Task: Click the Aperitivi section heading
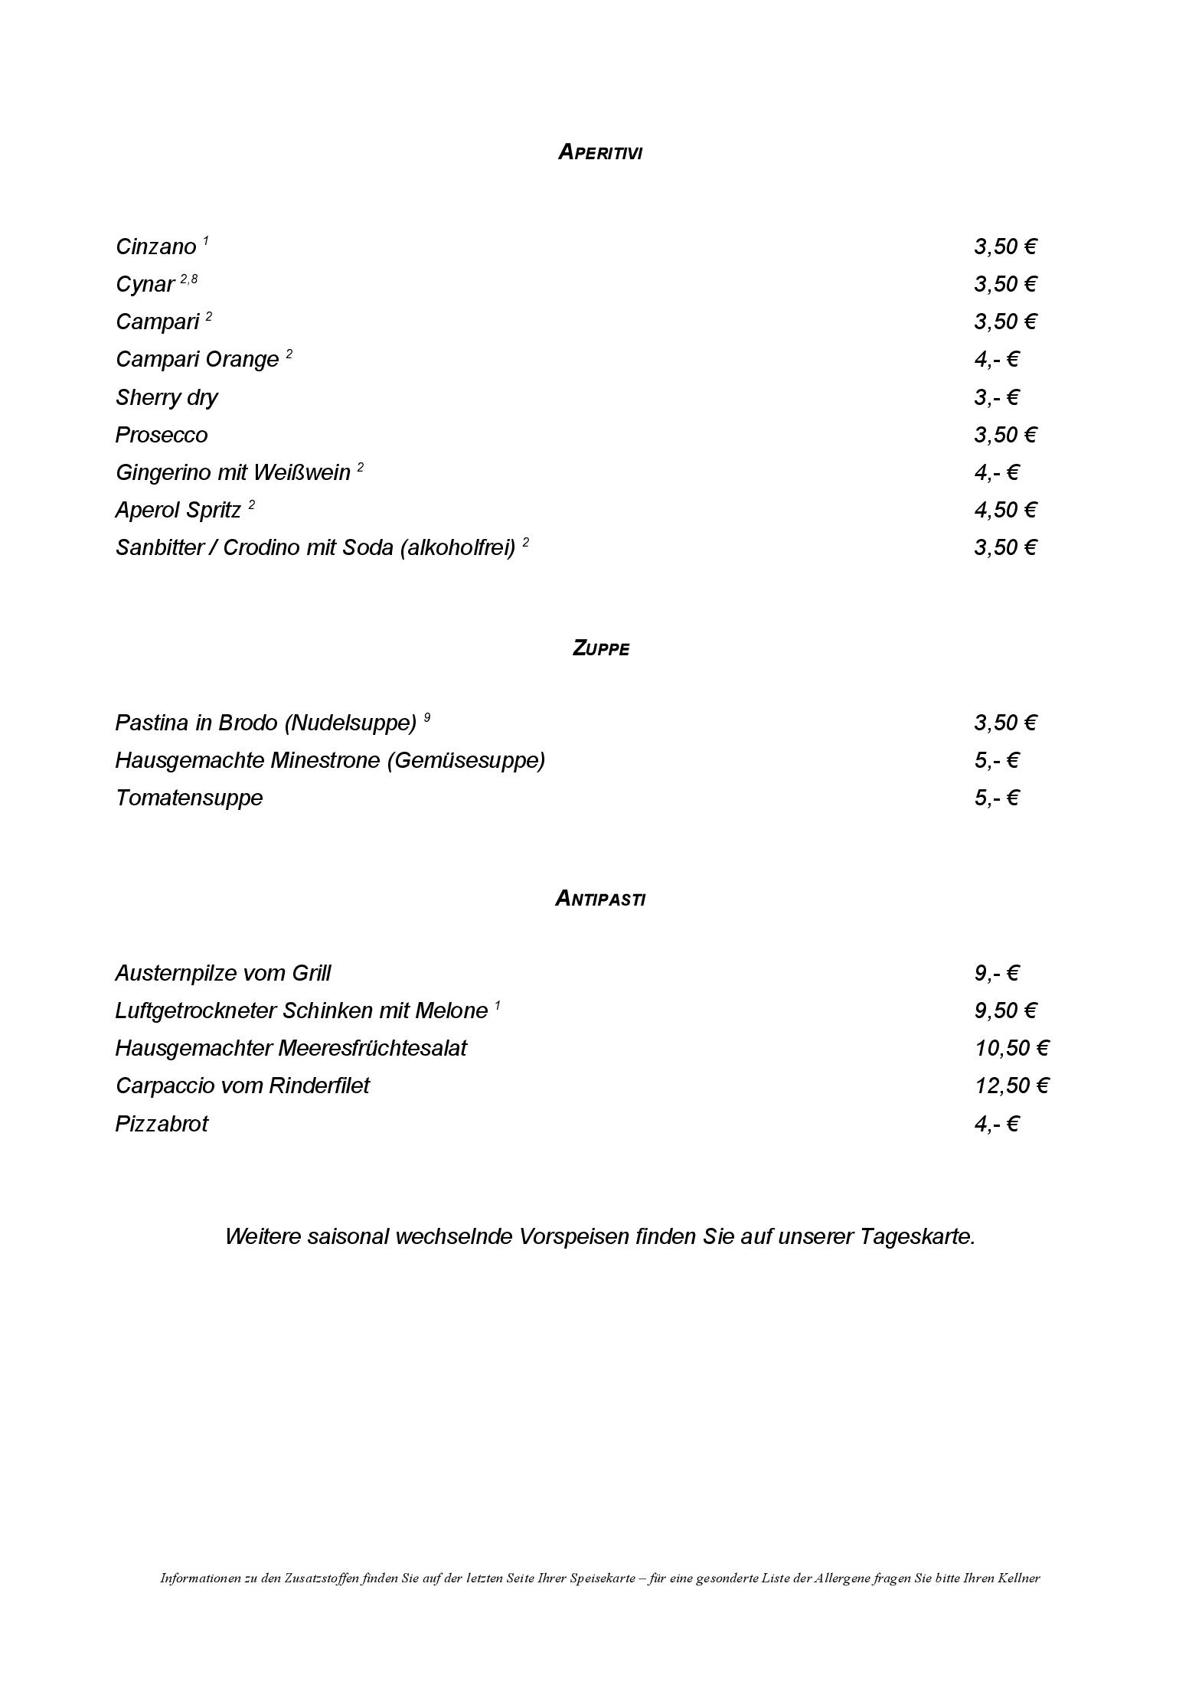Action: (x=600, y=152)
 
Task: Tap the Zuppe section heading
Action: (x=600, y=648)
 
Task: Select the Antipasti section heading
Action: (x=600, y=898)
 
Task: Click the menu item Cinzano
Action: (x=156, y=246)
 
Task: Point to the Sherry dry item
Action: (x=166, y=397)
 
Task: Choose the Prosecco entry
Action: (x=162, y=435)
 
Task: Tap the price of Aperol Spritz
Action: (x=1004, y=510)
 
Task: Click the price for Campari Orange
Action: (x=996, y=359)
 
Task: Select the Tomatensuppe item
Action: (x=189, y=798)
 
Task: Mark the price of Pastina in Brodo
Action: (x=1004, y=723)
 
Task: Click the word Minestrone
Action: (x=328, y=760)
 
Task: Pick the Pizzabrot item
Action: (x=162, y=1124)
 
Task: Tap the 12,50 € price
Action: (x=1011, y=1086)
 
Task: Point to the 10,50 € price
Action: (x=1011, y=1048)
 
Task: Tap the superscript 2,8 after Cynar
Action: (x=188, y=279)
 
